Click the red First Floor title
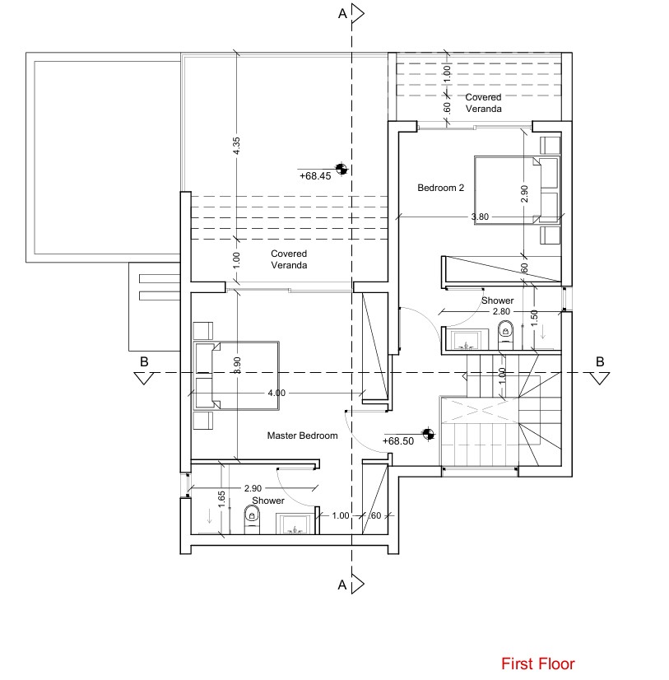click(x=538, y=664)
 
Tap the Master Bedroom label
click(x=302, y=435)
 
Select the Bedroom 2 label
click(x=440, y=188)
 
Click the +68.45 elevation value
click(x=314, y=175)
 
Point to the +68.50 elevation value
click(x=398, y=441)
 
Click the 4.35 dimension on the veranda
click(x=236, y=146)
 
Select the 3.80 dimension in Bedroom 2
click(x=480, y=217)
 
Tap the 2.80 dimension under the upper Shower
click(x=502, y=312)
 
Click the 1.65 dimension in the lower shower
click(x=221, y=499)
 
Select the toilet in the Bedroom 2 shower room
click(x=506, y=332)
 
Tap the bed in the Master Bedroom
click(x=237, y=375)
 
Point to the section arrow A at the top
click(x=357, y=13)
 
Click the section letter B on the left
click(x=144, y=361)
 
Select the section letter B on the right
click(x=600, y=361)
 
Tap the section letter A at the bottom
click(x=341, y=585)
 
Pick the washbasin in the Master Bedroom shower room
click(x=292, y=524)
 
